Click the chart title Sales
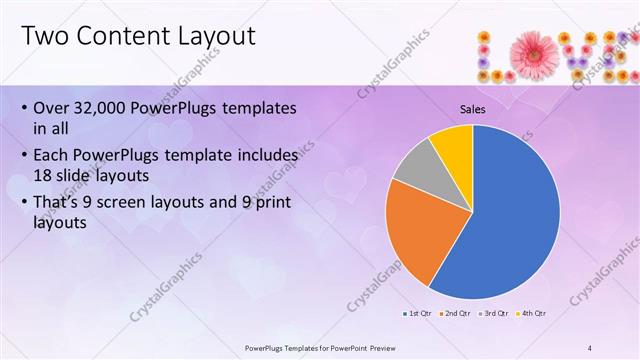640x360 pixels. pyautogui.click(x=473, y=109)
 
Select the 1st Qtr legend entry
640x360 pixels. pyautogui.click(x=418, y=314)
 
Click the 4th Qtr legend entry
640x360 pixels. pyautogui.click(x=531, y=314)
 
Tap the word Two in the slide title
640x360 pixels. pyautogui.click(x=45, y=37)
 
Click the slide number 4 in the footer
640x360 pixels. pyautogui.click(x=591, y=347)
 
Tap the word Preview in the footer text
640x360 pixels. pyautogui.click(x=393, y=347)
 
